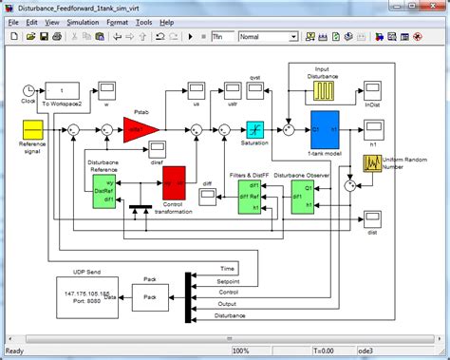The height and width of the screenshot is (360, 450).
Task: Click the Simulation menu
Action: point(82,21)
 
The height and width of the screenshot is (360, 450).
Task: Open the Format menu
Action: point(119,21)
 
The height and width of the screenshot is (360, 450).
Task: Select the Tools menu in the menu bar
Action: point(143,21)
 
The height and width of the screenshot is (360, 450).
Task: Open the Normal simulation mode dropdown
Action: point(268,36)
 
